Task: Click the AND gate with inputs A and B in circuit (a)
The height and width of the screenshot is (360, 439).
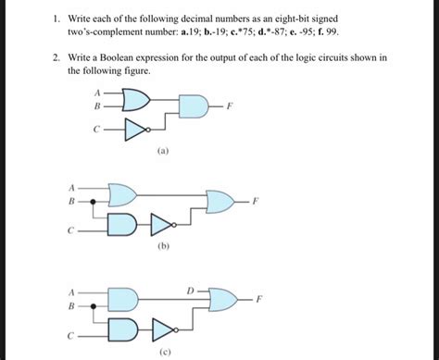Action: point(134,100)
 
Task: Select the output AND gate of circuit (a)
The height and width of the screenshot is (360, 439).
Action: point(196,107)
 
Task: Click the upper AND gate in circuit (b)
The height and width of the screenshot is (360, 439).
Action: point(123,192)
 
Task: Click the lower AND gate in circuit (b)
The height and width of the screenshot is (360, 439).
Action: point(123,224)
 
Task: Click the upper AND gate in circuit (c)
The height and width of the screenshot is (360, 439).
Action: point(123,298)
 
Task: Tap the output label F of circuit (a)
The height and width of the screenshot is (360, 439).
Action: point(231,107)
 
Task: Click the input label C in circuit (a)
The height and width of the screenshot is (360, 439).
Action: point(97,129)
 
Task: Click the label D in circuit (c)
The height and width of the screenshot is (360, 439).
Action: point(190,292)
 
